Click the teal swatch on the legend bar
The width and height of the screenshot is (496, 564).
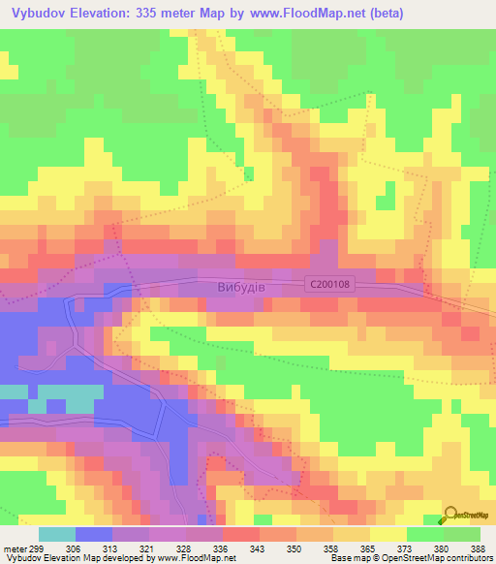click(x=57, y=534)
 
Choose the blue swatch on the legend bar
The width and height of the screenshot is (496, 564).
click(x=94, y=534)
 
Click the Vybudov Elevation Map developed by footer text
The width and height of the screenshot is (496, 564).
click(x=77, y=558)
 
